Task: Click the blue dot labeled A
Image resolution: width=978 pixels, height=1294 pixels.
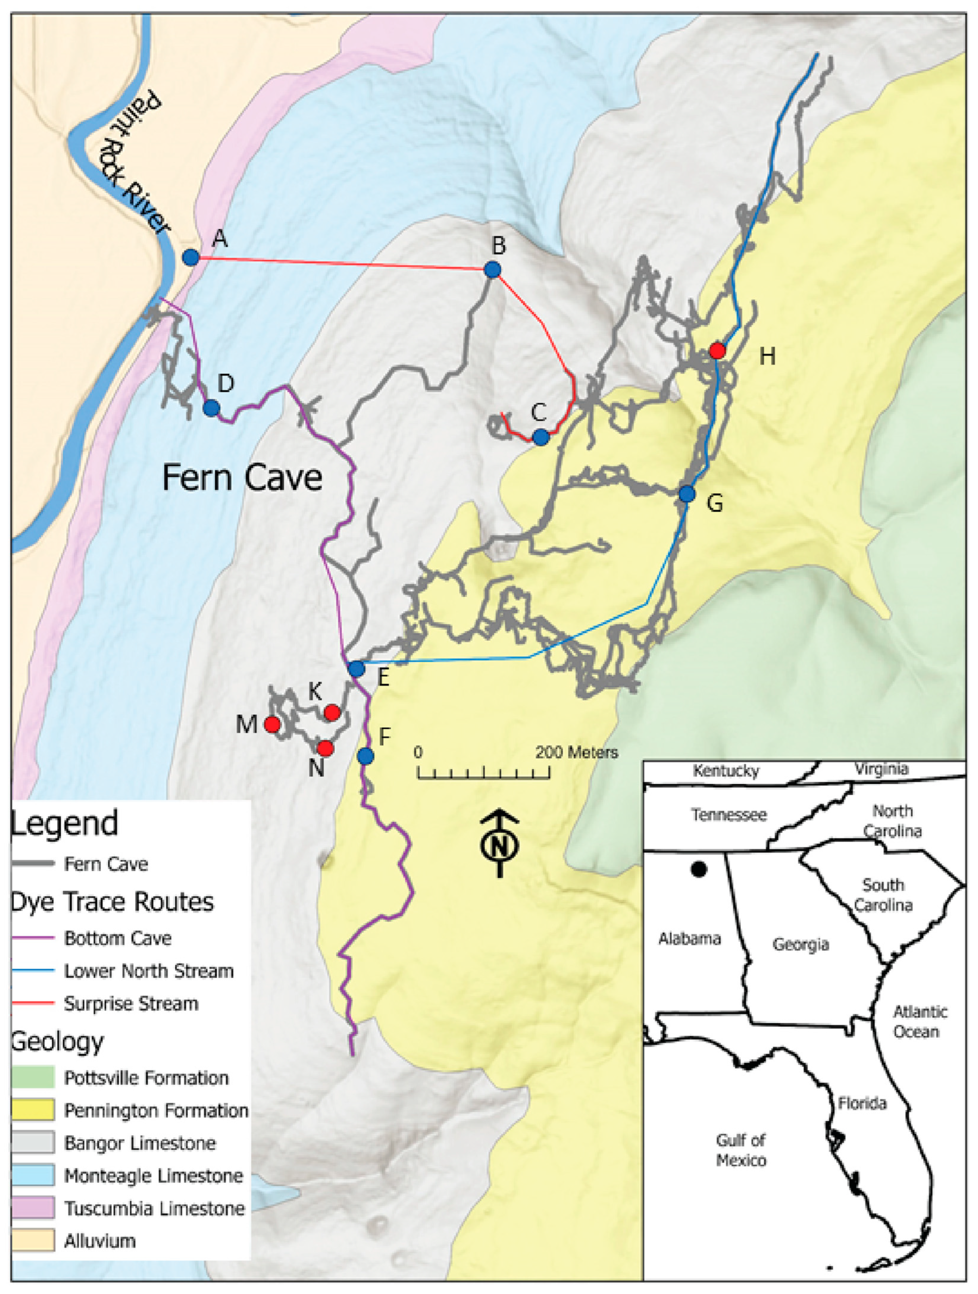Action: point(191,257)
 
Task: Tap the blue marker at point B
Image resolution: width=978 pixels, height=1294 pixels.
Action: point(493,270)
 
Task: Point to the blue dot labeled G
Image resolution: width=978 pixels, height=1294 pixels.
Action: point(687,494)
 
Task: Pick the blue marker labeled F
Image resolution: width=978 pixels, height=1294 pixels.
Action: point(366,756)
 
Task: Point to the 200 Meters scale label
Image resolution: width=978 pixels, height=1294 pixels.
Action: point(576,752)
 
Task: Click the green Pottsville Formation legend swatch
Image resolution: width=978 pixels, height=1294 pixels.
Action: point(33,1077)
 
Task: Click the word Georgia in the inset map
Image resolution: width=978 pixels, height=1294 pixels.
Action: point(801,945)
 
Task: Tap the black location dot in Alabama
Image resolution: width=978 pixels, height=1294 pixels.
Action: point(698,869)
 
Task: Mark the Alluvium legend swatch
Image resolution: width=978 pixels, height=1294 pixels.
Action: point(33,1241)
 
